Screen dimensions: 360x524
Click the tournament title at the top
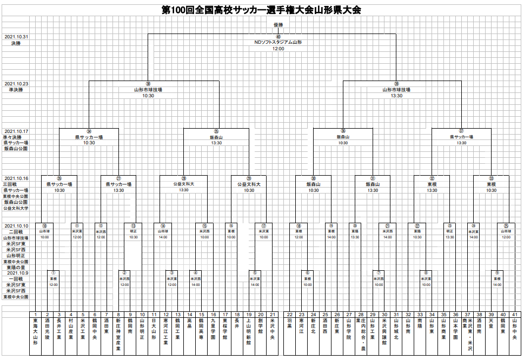[x=261, y=10]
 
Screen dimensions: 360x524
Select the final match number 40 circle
[x=278, y=37]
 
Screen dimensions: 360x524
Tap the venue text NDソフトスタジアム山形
[x=278, y=42]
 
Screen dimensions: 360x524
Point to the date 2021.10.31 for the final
[x=16, y=37]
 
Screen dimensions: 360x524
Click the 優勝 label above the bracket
[x=278, y=25]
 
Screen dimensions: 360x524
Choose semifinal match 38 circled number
[x=148, y=84]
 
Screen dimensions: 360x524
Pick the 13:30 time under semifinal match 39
[x=396, y=96]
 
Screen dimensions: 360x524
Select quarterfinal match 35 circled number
[x=216, y=131]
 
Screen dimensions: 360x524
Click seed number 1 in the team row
[x=35, y=315]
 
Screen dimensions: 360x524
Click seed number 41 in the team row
[x=514, y=315]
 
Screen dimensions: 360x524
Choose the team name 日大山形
[x=154, y=331]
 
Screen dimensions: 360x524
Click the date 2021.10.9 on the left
[x=16, y=273]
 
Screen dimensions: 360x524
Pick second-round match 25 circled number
[x=506, y=225]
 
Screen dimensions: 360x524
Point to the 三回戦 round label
[x=12, y=184]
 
